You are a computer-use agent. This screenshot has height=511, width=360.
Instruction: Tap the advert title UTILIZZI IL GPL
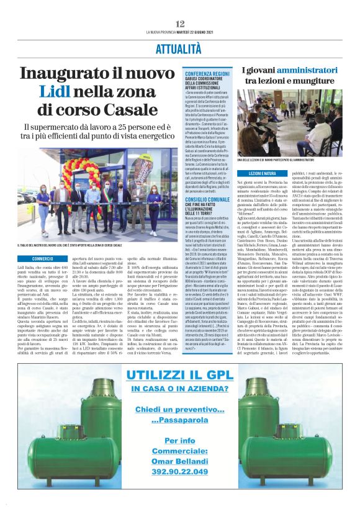(179, 373)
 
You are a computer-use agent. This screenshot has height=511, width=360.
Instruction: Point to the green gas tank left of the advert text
(60, 428)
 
